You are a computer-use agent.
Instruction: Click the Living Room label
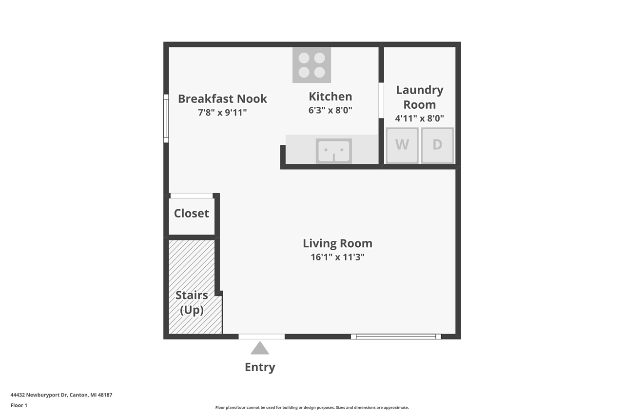337,243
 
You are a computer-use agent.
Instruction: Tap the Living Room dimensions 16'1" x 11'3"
337,257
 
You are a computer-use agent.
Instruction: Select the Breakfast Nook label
222,99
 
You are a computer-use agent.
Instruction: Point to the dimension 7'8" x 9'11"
222,112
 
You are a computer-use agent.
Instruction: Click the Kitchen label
330,97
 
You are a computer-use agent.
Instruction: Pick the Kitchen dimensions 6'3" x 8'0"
330,110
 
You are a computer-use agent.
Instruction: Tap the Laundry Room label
419,97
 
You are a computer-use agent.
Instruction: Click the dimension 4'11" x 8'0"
419,118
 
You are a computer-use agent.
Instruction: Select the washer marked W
402,145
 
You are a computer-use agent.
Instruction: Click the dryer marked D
437,145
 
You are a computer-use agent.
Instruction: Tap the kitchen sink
333,151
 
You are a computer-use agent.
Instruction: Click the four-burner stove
312,65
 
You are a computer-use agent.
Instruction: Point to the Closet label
191,214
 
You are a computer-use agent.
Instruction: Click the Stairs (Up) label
192,302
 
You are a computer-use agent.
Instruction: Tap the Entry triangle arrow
260,348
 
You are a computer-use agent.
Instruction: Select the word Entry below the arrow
260,367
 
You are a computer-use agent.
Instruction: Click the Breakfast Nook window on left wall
166,119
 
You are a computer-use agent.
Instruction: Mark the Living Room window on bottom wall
396,337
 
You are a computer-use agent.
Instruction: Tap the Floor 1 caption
19,405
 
